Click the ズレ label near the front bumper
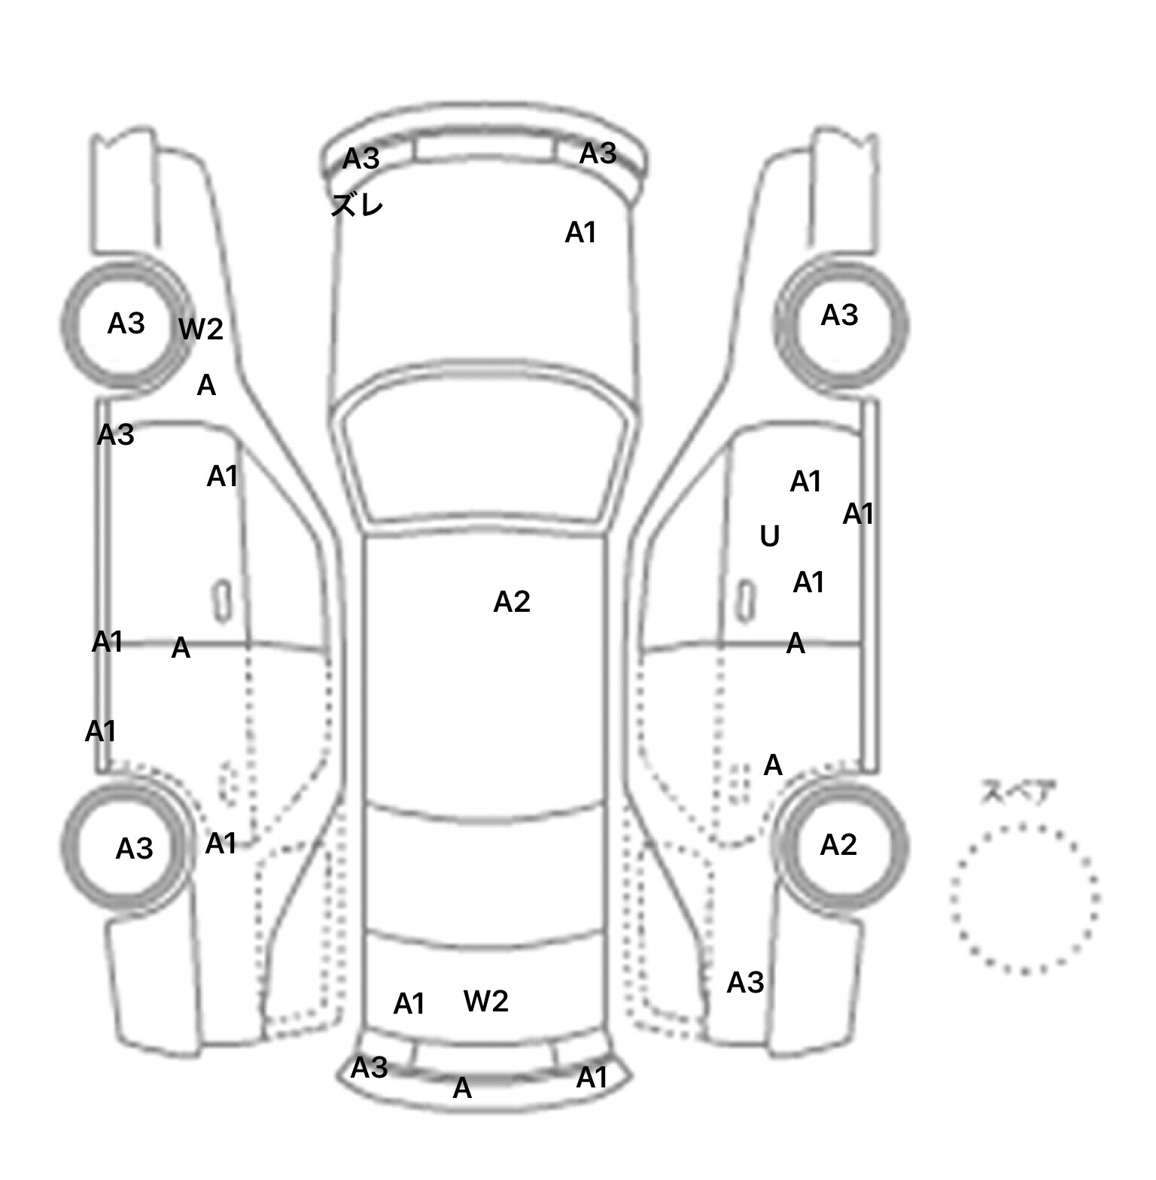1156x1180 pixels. point(357,205)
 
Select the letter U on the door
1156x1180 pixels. point(769,537)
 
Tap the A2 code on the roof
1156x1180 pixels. point(512,602)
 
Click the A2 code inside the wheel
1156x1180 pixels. point(838,845)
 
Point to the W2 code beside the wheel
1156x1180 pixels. point(201,329)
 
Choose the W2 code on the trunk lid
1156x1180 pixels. point(486,1001)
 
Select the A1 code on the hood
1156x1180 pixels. point(580,233)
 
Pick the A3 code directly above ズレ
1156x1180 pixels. point(361,159)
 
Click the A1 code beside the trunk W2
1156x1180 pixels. point(409,1004)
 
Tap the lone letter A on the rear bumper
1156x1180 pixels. point(462,1088)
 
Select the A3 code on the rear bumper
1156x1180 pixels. point(370,1067)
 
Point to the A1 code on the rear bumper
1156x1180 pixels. point(592,1078)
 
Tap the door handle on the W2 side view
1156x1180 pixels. point(223,600)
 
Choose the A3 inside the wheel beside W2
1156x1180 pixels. point(126,324)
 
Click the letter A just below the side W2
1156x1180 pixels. point(206,386)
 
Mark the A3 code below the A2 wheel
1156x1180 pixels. point(745,982)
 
